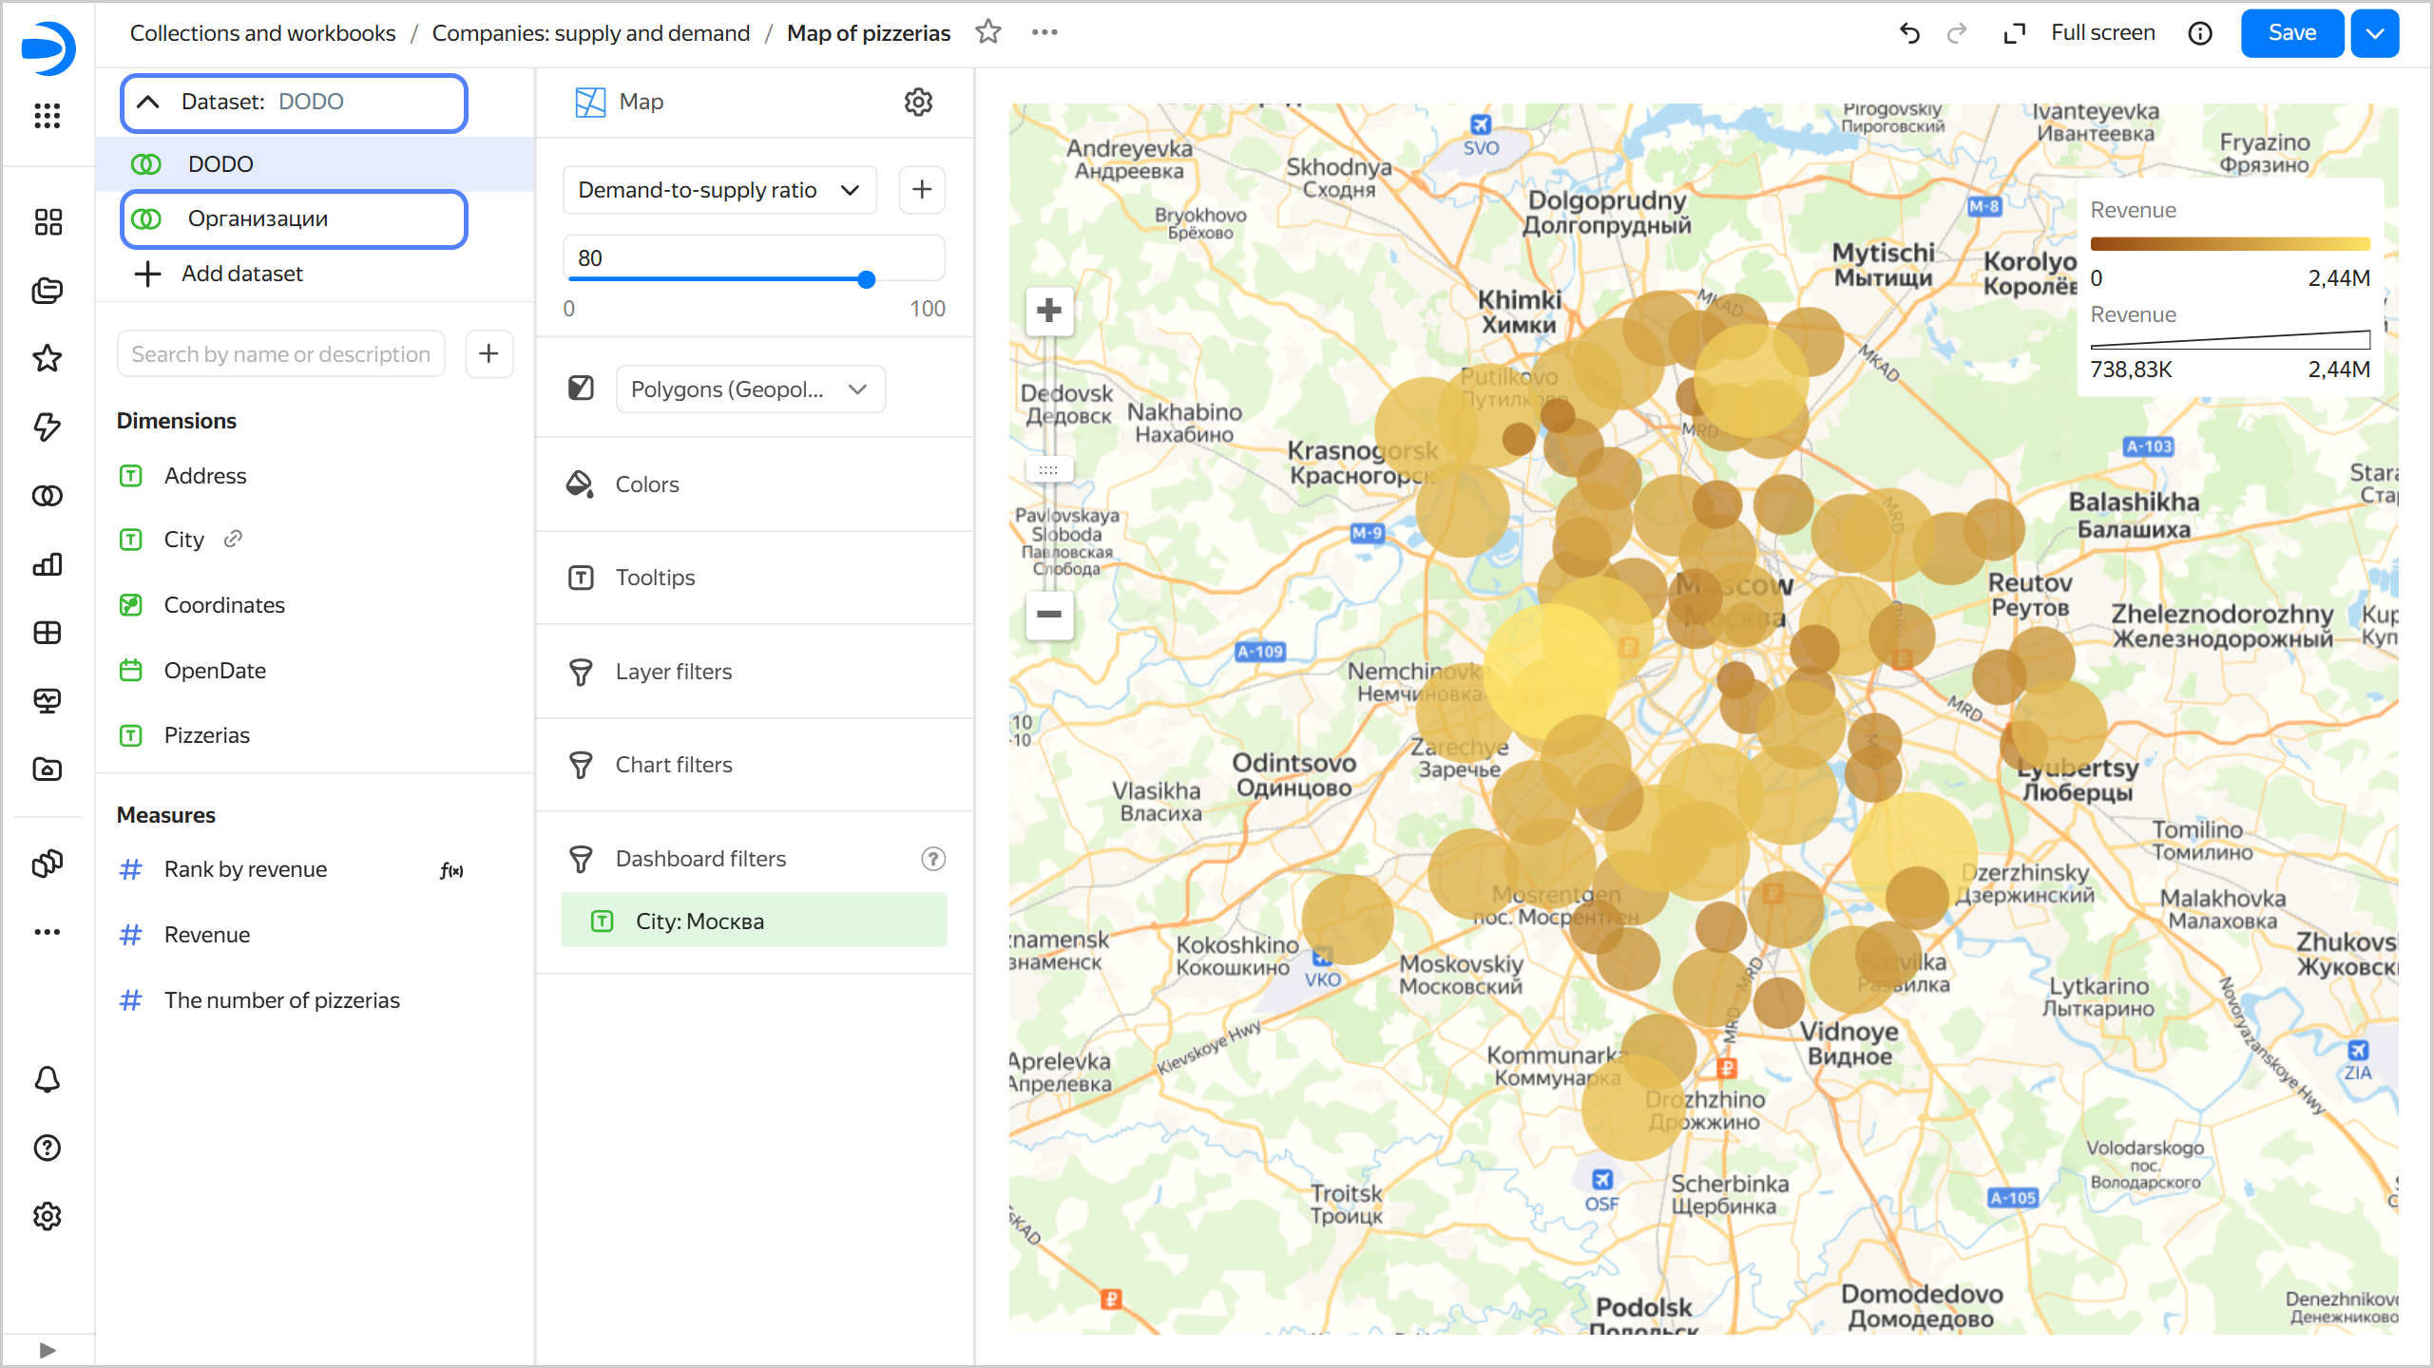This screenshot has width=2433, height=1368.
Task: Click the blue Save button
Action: [x=2290, y=33]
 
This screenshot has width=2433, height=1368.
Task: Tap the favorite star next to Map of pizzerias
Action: [x=988, y=32]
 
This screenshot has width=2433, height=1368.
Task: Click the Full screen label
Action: [x=2102, y=33]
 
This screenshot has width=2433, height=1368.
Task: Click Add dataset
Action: [x=241, y=274]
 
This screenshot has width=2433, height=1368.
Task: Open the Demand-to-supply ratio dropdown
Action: [x=718, y=190]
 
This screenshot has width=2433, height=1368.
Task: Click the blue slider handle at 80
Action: [x=866, y=279]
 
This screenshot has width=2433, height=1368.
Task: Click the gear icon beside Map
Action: [x=918, y=102]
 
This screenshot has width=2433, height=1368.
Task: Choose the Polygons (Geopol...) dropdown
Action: [x=750, y=389]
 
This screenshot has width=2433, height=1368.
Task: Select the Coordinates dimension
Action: [x=224, y=605]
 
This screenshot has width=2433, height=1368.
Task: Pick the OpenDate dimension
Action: [x=215, y=671]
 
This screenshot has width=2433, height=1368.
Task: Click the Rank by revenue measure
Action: [x=245, y=869]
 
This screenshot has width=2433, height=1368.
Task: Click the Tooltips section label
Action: [x=655, y=578]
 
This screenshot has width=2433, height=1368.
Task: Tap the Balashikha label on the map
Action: [x=2134, y=514]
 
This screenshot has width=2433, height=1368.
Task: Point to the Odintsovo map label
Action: [x=1293, y=774]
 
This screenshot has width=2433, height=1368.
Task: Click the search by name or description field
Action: [x=280, y=354]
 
